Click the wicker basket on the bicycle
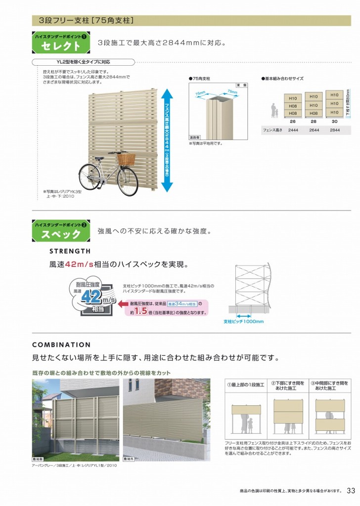tap(126, 160)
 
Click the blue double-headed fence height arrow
tap(167, 140)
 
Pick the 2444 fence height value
tap(293, 130)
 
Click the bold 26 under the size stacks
tap(293, 121)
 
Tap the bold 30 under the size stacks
tap(335, 121)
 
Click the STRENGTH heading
tap(70, 252)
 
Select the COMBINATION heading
tap(61, 345)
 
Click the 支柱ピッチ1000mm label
tap(244, 322)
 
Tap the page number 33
tap(351, 491)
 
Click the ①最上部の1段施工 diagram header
tap(246, 384)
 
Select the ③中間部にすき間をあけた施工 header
tap(330, 385)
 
